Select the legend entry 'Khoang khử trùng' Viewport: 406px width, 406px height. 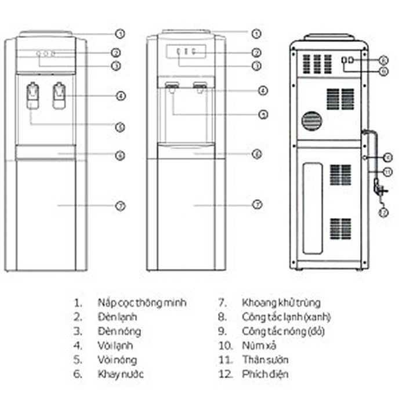click(281, 303)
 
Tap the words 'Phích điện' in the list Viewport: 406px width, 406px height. click(265, 375)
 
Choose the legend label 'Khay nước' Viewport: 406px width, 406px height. click(121, 375)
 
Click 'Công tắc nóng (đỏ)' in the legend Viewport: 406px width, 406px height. click(284, 331)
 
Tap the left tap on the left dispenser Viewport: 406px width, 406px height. click(33, 96)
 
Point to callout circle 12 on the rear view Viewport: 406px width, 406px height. click(383, 213)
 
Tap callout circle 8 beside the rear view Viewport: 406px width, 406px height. click(383, 60)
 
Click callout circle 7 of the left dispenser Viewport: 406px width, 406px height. click(120, 205)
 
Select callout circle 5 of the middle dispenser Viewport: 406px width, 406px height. click(263, 114)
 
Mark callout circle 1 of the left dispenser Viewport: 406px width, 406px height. click(120, 34)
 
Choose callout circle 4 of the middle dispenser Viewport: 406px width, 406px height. click(263, 90)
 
